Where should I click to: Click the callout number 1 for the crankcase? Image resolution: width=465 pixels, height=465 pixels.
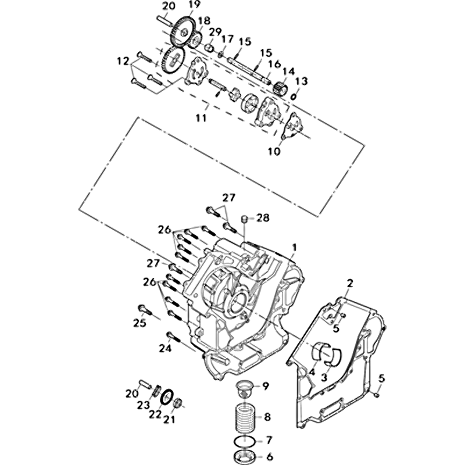pos(294,247)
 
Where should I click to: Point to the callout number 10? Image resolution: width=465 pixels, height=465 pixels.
pos(274,151)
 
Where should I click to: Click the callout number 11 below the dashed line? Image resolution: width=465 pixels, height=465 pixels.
pos(201,118)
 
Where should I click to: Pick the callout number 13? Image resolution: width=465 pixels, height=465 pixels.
pos(302,81)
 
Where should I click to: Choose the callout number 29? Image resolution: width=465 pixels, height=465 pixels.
pos(216,32)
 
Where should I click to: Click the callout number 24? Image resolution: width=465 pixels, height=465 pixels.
pos(165,348)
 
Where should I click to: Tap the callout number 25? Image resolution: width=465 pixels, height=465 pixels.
pos(139,323)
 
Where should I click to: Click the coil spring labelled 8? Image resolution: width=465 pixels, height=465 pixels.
pos(246,417)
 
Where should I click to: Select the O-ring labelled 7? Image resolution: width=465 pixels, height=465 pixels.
pos(245,442)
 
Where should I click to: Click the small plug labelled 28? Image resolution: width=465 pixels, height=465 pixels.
pos(245,220)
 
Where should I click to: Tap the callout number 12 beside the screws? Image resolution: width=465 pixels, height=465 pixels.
pos(123,61)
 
